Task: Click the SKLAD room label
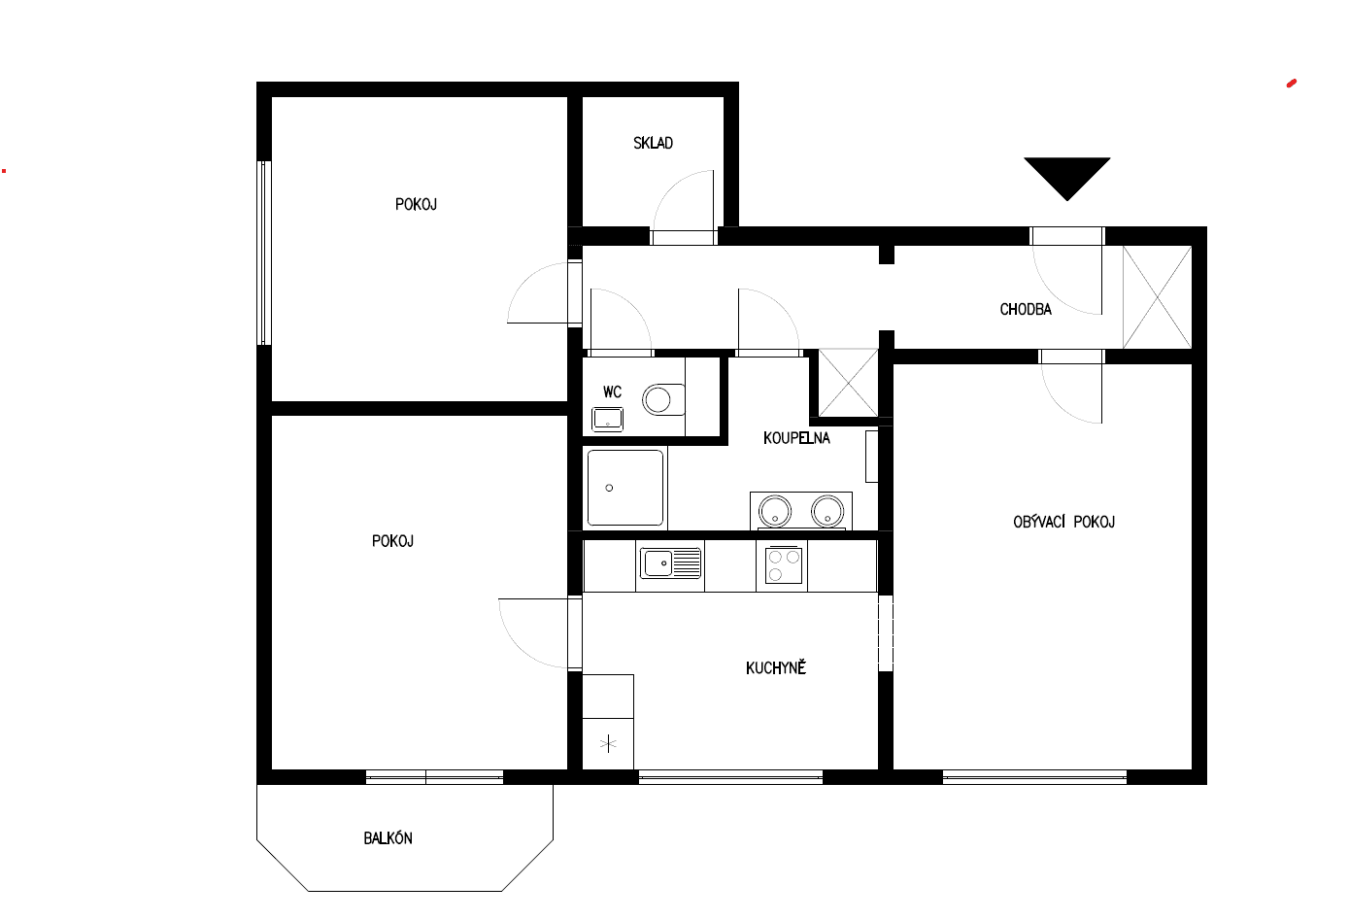click(x=653, y=143)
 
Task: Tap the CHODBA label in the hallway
click(x=1026, y=309)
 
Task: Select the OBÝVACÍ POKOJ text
click(x=1063, y=522)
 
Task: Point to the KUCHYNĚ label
click(x=776, y=667)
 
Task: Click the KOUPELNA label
click(x=796, y=438)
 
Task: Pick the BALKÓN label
click(x=388, y=837)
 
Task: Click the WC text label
click(x=612, y=392)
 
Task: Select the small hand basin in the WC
click(x=608, y=419)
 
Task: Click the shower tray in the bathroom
click(x=625, y=487)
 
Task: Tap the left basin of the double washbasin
click(x=775, y=510)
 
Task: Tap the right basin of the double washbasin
click(x=826, y=510)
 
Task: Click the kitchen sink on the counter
click(x=670, y=562)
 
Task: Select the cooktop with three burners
click(x=783, y=564)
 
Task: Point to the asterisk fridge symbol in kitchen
click(x=608, y=744)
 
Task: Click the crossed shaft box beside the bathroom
click(x=848, y=383)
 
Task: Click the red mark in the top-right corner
click(x=1292, y=84)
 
